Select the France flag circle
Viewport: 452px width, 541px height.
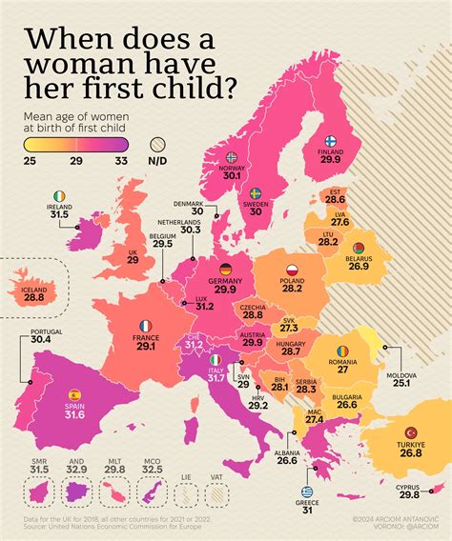[x=145, y=326]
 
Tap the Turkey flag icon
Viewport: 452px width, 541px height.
[x=412, y=433]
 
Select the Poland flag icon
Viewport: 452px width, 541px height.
[x=293, y=270]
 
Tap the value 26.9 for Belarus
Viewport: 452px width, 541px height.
[x=360, y=267]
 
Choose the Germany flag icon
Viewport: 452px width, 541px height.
[x=225, y=270]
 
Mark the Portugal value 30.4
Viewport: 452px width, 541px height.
[x=41, y=339]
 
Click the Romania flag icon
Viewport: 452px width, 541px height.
[x=342, y=351]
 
